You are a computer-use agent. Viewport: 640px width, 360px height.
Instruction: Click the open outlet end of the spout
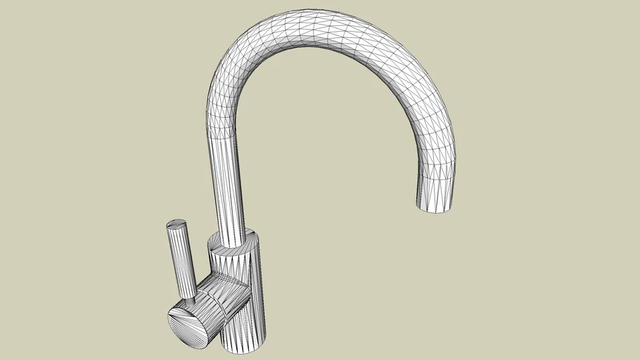[x=437, y=205]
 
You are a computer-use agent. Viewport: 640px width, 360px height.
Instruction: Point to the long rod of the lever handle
[x=181, y=260]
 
